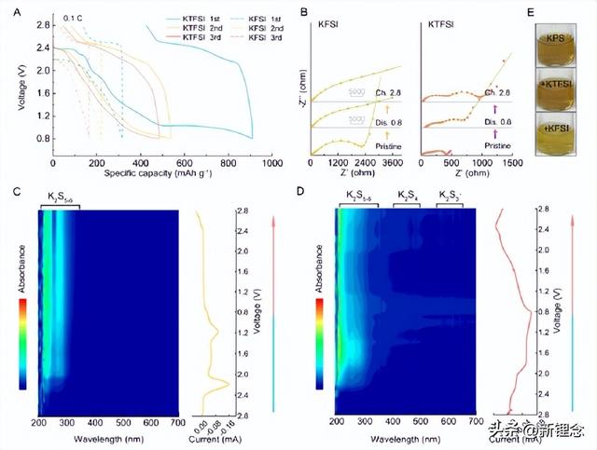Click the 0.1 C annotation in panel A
72,18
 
